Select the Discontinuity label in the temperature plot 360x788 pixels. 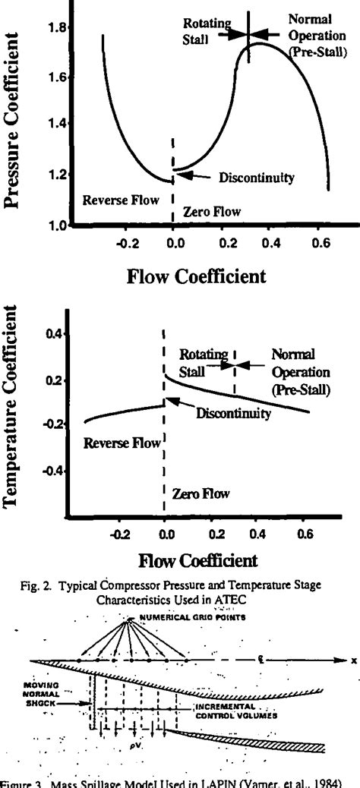click(234, 414)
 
